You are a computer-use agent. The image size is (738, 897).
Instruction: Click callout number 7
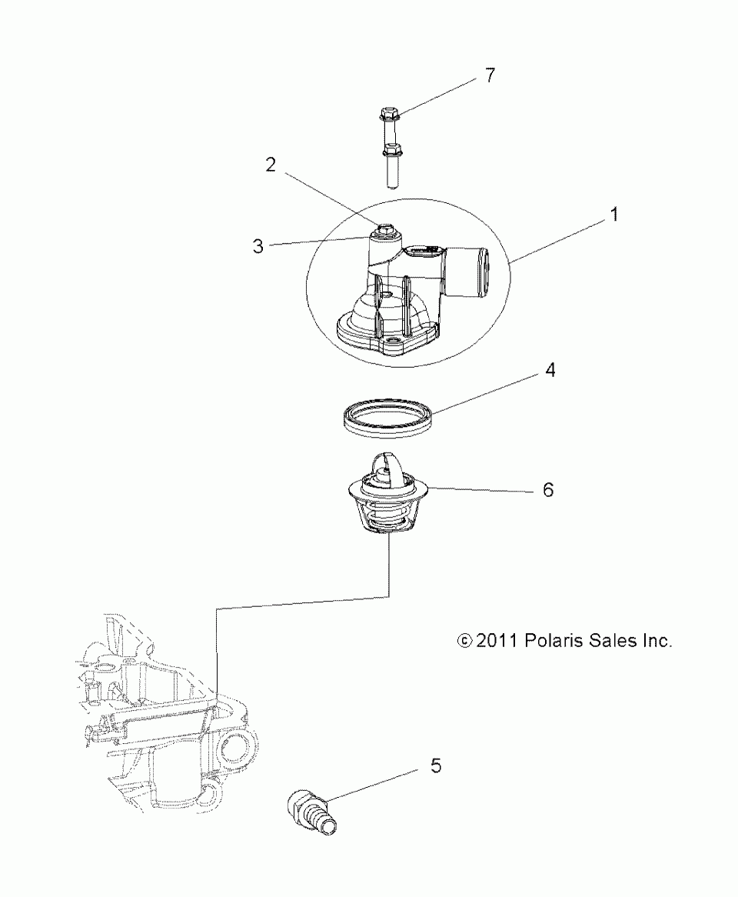click(x=490, y=75)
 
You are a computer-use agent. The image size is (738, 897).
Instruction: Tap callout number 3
click(x=258, y=246)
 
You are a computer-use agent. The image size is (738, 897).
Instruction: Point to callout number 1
click(x=613, y=216)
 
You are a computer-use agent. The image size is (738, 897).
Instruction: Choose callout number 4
click(x=550, y=371)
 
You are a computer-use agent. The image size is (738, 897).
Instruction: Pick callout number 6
click(x=548, y=489)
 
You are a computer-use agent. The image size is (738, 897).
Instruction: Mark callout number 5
click(x=436, y=765)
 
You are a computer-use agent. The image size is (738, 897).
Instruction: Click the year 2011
click(x=497, y=640)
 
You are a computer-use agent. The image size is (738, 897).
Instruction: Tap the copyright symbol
click(x=464, y=640)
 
